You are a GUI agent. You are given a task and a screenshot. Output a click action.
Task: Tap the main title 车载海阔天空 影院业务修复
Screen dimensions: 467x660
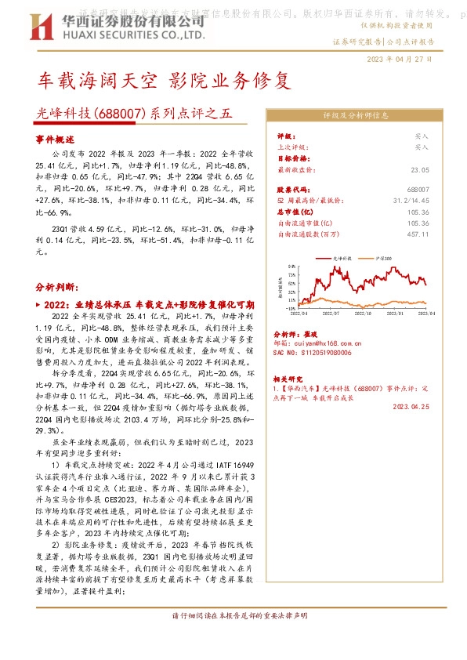[165, 81]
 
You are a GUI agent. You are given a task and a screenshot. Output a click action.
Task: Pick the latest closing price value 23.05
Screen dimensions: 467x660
[419, 169]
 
